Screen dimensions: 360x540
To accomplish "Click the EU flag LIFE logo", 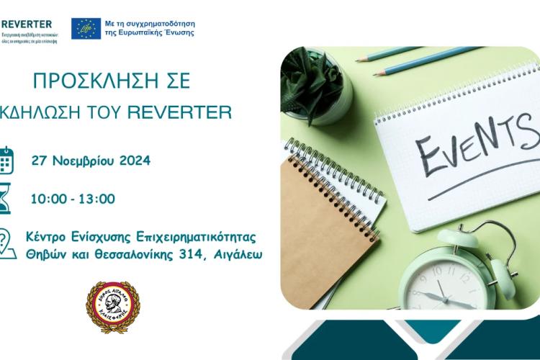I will point(86,27).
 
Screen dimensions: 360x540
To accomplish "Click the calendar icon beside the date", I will point(6,160).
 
